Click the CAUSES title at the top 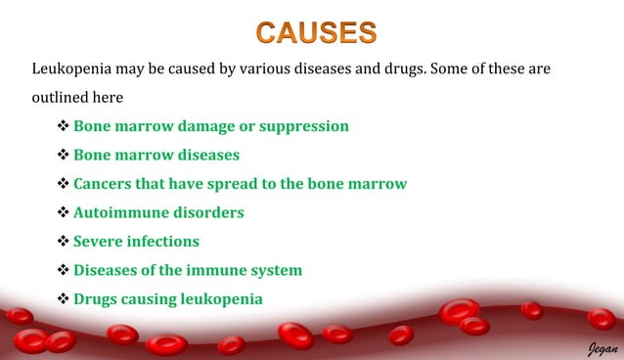pos(317,32)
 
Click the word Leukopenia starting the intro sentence pos(74,70)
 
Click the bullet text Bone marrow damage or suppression pos(210,126)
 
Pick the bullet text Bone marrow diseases pos(156,155)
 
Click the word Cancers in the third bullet pos(106,183)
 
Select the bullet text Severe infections pos(136,241)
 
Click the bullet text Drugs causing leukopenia pos(167,298)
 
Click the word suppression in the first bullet pos(302,126)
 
